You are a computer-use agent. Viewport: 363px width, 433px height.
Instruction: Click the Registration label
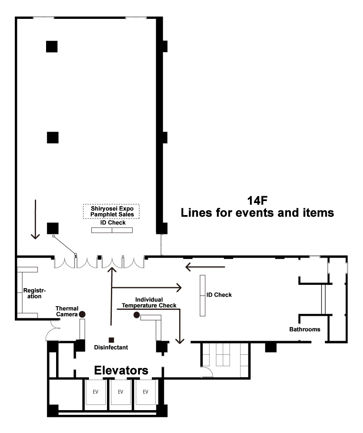34,293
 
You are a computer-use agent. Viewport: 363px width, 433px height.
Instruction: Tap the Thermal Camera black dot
82,314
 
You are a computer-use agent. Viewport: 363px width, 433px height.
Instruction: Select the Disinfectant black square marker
111,340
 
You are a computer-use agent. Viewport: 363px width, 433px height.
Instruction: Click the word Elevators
121,370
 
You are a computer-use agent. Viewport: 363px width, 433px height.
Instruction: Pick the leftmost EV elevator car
95,392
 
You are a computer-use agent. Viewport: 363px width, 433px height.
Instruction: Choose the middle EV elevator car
121,392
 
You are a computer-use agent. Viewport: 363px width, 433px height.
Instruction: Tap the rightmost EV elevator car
145,392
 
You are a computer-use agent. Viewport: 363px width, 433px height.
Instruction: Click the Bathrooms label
305,329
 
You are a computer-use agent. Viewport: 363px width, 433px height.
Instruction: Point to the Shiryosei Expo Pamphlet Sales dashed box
111,211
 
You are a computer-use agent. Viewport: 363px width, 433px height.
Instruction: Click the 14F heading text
257,201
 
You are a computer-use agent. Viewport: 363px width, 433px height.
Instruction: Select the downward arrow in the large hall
35,219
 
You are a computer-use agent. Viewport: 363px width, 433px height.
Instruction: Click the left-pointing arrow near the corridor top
205,267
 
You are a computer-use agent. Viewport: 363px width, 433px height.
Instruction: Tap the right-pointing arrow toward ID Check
147,288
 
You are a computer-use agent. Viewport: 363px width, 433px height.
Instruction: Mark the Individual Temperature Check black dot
137,315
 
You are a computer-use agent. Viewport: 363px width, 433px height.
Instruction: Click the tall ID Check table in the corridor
203,295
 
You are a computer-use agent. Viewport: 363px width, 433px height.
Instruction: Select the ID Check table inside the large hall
112,230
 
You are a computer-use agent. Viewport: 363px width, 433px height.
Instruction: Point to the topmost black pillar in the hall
52,47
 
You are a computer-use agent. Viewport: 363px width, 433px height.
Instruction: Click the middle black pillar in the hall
52,138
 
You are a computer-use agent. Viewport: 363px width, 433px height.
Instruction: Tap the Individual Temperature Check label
149,303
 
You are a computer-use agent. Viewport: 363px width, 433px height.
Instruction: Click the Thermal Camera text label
67,311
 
